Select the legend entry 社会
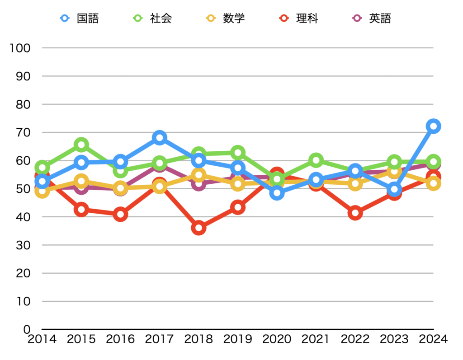pyautogui.click(x=153, y=19)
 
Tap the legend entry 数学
pyautogui.click(x=226, y=19)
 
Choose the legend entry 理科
pyautogui.click(x=299, y=19)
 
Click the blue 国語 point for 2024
pyautogui.click(x=433, y=126)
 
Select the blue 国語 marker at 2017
pyautogui.click(x=159, y=138)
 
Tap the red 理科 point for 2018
pyautogui.click(x=198, y=228)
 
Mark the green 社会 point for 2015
pyautogui.click(x=81, y=145)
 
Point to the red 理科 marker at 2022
pyautogui.click(x=355, y=213)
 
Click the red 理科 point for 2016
pyautogui.click(x=120, y=215)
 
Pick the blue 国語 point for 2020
pyautogui.click(x=277, y=193)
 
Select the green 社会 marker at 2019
pyautogui.click(x=238, y=153)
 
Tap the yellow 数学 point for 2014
pyautogui.click(x=42, y=191)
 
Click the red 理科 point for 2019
pyautogui.click(x=238, y=207)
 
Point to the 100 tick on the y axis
pyautogui.click(x=19, y=48)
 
